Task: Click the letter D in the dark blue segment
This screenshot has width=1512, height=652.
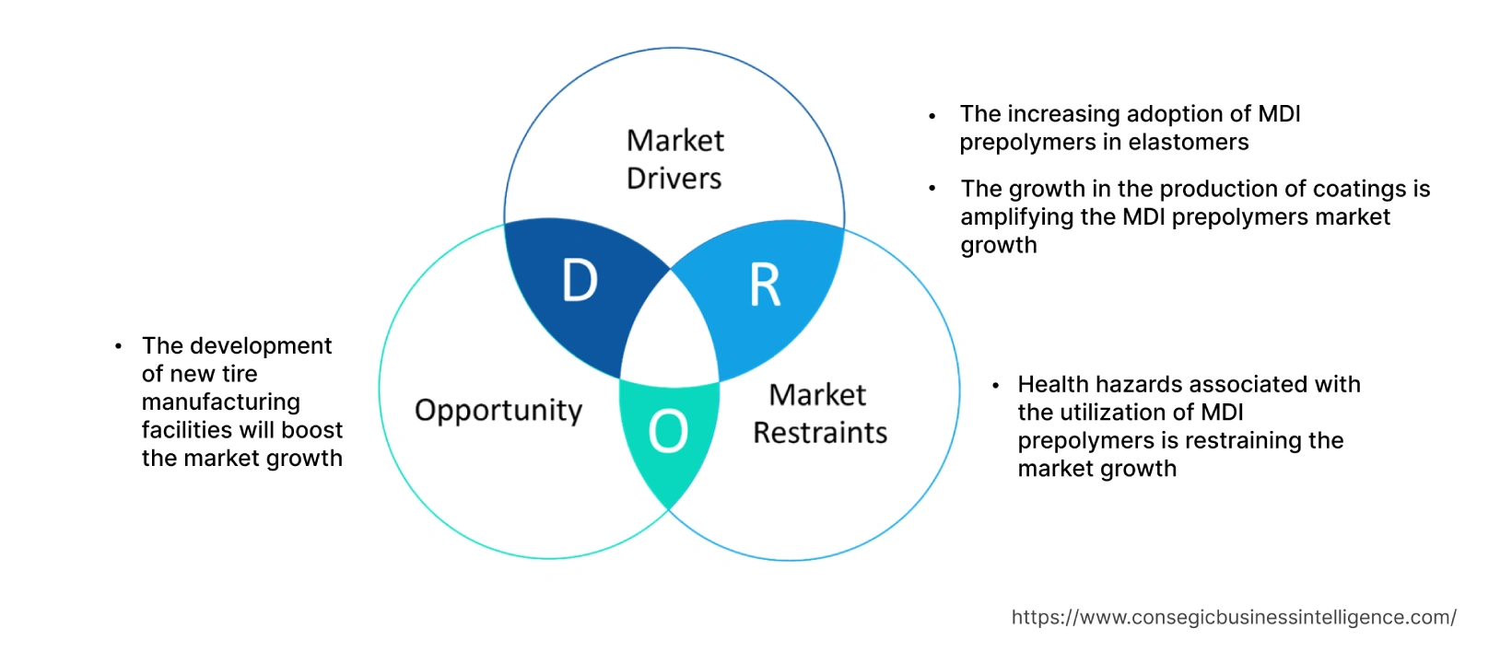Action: pos(580,281)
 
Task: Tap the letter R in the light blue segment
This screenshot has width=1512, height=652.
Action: pos(765,285)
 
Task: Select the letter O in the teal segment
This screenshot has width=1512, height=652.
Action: pos(668,431)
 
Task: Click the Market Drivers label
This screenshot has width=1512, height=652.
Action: pos(674,159)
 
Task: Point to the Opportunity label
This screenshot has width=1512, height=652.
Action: pos(498,411)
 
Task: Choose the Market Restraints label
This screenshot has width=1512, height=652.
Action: pos(819,413)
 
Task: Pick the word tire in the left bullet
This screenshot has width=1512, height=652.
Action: pos(239,374)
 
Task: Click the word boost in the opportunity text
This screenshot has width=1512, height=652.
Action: pos(312,430)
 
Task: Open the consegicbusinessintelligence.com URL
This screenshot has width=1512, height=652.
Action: pos(1233,618)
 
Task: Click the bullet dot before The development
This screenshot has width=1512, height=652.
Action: pos(118,346)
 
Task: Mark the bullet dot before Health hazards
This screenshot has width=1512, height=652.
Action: pos(995,385)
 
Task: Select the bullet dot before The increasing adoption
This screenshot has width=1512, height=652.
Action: pos(932,116)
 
